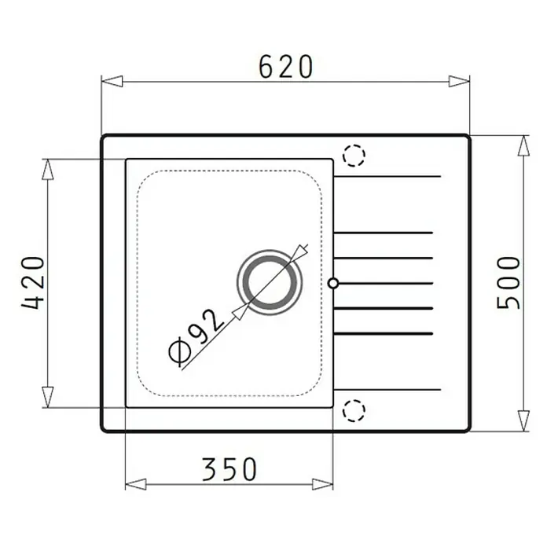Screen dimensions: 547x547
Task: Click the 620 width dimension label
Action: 285,66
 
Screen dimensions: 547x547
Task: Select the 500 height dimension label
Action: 508,283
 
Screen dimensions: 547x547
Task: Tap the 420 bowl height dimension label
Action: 34,283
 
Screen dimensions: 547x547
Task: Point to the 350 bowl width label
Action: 229,469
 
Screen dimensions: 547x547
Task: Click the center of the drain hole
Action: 270,282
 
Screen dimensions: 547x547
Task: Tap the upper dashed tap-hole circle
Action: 354,156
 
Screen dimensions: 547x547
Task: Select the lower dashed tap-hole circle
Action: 354,410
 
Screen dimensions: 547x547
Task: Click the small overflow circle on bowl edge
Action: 333,283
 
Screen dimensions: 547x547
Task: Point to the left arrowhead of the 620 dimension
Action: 112,81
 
